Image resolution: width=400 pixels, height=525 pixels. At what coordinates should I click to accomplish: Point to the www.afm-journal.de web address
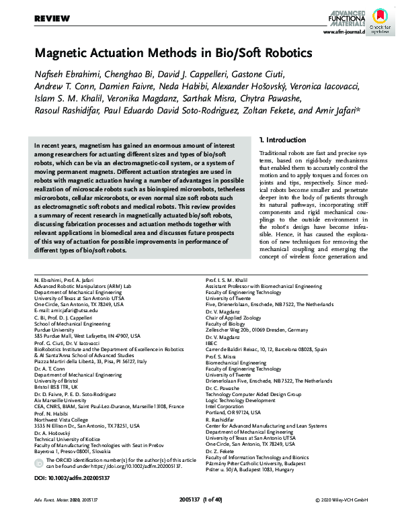[x=344, y=32]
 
